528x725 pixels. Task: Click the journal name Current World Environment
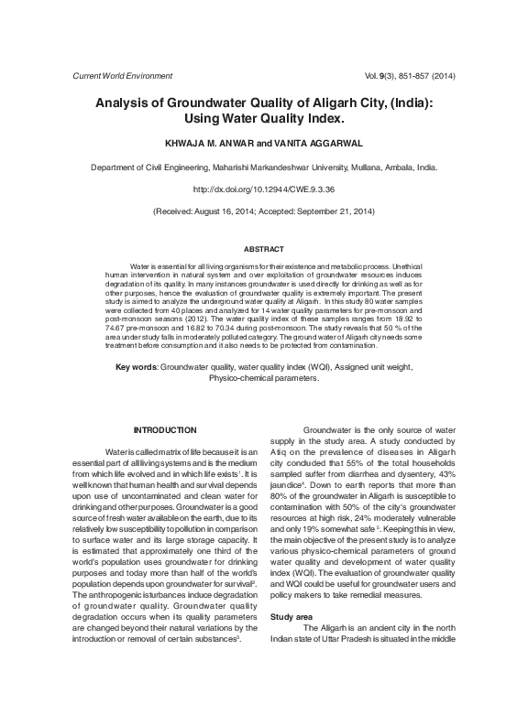115,75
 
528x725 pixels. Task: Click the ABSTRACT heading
263,249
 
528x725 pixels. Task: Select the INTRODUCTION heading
165,430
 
